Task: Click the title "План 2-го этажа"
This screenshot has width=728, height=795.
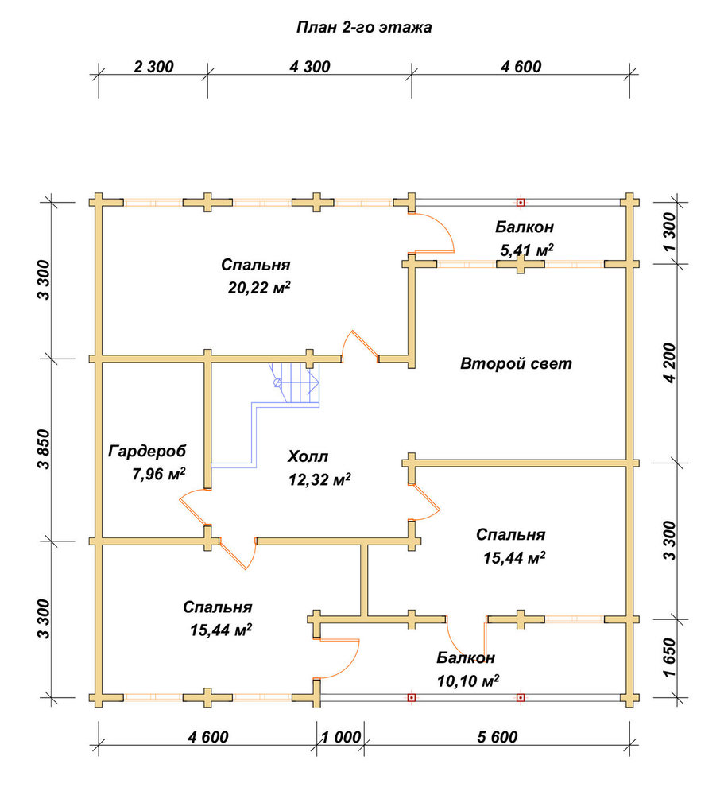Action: click(x=364, y=27)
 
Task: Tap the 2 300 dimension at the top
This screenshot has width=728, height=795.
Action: click(x=153, y=67)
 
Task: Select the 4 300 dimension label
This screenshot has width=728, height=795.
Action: click(x=310, y=67)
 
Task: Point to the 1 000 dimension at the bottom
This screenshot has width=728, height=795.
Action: click(x=341, y=737)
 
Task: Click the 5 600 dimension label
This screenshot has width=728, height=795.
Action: click(x=498, y=737)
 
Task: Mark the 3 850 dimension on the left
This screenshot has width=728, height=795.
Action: click(x=44, y=449)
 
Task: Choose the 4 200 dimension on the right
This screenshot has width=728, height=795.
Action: click(x=669, y=363)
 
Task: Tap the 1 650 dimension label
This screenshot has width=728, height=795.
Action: click(x=669, y=657)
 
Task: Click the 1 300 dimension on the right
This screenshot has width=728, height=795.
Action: click(x=669, y=232)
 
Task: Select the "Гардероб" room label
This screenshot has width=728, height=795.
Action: click(x=147, y=451)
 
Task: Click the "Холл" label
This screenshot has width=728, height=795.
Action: click(x=308, y=456)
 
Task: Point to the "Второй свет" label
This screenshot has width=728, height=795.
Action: click(x=516, y=363)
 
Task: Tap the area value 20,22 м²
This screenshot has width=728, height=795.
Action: click(x=259, y=288)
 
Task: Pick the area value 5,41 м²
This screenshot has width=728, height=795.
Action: click(x=526, y=250)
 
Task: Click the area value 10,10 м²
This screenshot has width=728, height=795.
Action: click(x=468, y=681)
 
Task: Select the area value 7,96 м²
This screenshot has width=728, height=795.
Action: click(x=159, y=474)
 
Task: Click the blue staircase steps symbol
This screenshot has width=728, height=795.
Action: click(x=294, y=383)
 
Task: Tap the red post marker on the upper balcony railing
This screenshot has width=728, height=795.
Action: click(x=521, y=202)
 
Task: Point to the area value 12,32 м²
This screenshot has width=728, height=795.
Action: click(x=319, y=479)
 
